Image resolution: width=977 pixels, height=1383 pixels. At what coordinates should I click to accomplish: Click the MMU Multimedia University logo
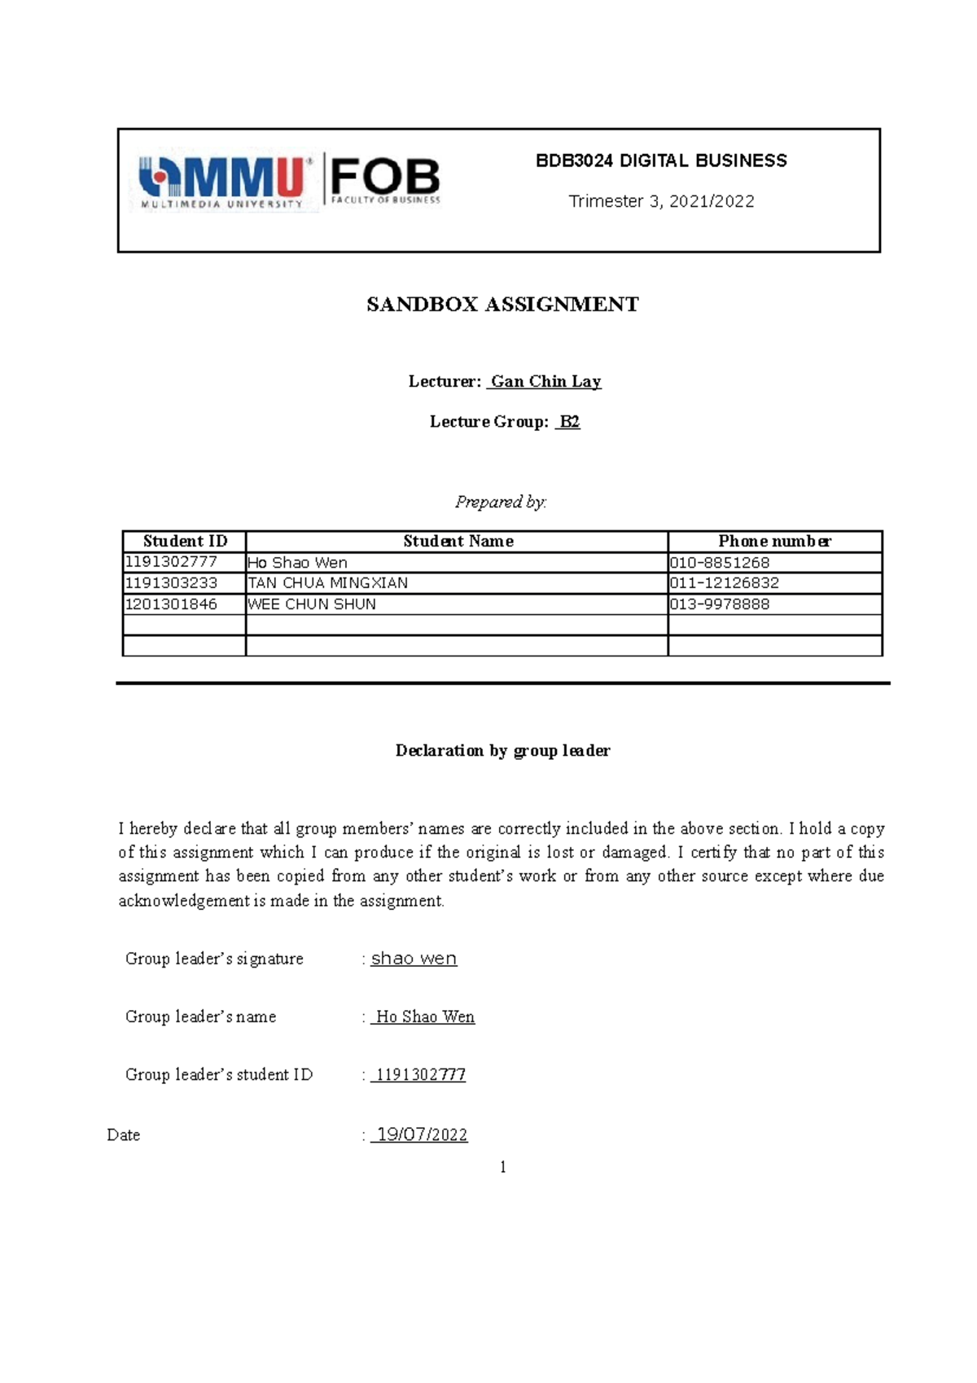coord(221,182)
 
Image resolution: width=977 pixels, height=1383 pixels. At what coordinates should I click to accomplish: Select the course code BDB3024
coord(574,160)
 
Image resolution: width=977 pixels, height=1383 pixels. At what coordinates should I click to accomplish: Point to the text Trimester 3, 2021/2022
coord(661,201)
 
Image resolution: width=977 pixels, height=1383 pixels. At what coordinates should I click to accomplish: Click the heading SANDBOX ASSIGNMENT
coord(502,305)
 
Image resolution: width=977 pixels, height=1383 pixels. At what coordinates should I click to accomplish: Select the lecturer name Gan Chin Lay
coord(545,381)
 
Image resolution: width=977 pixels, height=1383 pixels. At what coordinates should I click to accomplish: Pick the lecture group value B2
coord(569,422)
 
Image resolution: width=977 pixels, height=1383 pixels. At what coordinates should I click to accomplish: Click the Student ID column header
coord(185,542)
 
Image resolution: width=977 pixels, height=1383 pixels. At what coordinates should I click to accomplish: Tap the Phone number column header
coord(774,542)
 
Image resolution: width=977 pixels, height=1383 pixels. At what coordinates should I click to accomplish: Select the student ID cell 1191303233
coord(171,583)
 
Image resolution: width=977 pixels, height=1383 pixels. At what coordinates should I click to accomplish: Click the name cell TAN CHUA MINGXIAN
coord(327,583)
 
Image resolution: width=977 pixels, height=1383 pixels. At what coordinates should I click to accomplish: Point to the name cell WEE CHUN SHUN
coord(312,604)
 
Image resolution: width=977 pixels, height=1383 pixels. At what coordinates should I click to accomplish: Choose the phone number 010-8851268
coord(720,563)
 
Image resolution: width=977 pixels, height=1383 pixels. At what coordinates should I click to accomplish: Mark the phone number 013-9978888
coord(720,604)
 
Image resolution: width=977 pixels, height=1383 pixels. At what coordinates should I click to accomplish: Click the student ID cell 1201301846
coord(171,604)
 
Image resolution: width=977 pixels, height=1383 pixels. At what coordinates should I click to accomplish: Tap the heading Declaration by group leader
coord(502,751)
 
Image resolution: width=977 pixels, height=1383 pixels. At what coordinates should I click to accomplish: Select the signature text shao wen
coord(414,959)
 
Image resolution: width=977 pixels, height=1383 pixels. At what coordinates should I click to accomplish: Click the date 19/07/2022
coord(422,1135)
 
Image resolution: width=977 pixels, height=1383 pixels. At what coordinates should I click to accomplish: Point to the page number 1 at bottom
coord(503,1167)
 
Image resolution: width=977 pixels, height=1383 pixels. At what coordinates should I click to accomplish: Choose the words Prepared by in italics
coord(500,502)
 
